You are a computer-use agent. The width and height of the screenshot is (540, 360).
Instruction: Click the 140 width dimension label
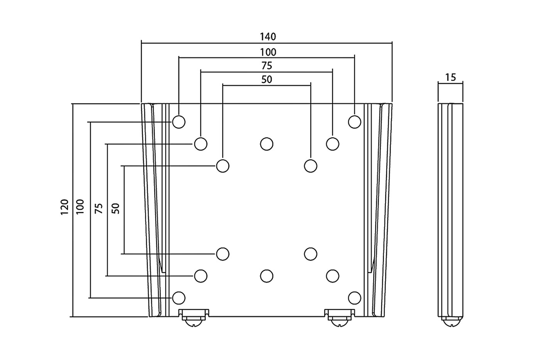(x=268, y=37)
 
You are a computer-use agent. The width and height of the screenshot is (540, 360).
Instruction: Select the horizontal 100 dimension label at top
(x=268, y=51)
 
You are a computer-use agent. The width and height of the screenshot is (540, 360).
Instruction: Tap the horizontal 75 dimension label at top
(x=267, y=65)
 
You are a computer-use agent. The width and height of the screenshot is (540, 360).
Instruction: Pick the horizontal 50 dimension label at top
(x=267, y=79)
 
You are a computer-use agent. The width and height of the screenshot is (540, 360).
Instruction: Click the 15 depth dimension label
(x=450, y=77)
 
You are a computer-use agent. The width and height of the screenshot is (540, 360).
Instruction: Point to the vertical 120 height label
(x=64, y=207)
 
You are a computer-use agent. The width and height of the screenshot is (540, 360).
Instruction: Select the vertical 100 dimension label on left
(x=80, y=207)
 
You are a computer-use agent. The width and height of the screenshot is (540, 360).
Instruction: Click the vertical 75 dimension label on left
(x=99, y=208)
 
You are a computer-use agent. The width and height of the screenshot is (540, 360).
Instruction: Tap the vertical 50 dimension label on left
(x=116, y=208)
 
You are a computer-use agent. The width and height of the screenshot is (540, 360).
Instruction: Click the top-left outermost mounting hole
(x=179, y=122)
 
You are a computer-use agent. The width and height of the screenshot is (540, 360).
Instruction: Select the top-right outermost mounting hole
(x=354, y=122)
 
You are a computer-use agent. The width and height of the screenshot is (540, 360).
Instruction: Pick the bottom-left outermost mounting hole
(x=179, y=298)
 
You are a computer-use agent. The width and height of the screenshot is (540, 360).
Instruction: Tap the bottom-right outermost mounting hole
(x=354, y=298)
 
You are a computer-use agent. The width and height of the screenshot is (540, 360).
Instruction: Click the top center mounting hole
(x=267, y=144)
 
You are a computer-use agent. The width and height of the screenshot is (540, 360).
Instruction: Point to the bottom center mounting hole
(x=267, y=275)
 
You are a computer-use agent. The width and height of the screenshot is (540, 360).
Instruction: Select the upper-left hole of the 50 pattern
(x=223, y=166)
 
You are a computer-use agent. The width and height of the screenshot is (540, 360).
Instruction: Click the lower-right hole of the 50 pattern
(x=310, y=254)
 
